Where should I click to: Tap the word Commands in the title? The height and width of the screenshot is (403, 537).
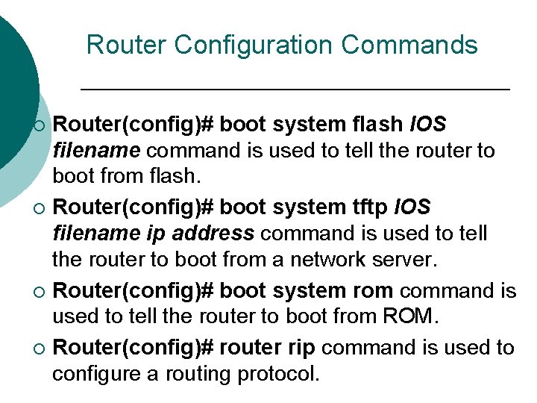pyautogui.click(x=409, y=45)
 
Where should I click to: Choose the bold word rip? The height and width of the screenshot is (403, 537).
pyautogui.click(x=299, y=347)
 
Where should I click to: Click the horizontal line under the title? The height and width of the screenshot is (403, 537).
pyautogui.click(x=295, y=89)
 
